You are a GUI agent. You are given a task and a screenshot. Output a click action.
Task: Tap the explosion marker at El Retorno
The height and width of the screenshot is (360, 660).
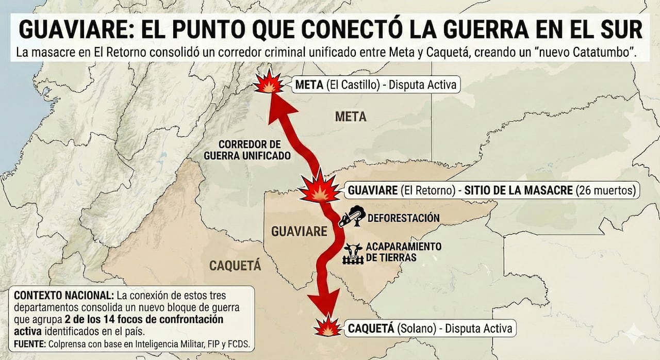coord(319,189)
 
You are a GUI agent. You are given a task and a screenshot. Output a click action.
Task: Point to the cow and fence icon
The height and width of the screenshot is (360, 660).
coord(353,253)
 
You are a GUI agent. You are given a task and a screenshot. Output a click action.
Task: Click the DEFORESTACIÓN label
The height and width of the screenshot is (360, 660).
coord(403,218)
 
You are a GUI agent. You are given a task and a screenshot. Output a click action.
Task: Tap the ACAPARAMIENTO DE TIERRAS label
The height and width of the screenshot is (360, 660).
coord(404,252)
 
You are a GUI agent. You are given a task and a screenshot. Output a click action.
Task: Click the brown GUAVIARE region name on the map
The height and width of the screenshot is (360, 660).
coord(299,231)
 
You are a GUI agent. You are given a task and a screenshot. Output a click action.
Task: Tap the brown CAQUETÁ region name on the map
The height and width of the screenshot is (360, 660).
coord(235,266)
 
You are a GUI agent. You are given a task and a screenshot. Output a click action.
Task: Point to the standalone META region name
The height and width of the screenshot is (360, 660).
coord(351,117)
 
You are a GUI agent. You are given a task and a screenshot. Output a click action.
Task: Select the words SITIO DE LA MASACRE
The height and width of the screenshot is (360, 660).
coord(519,190)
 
